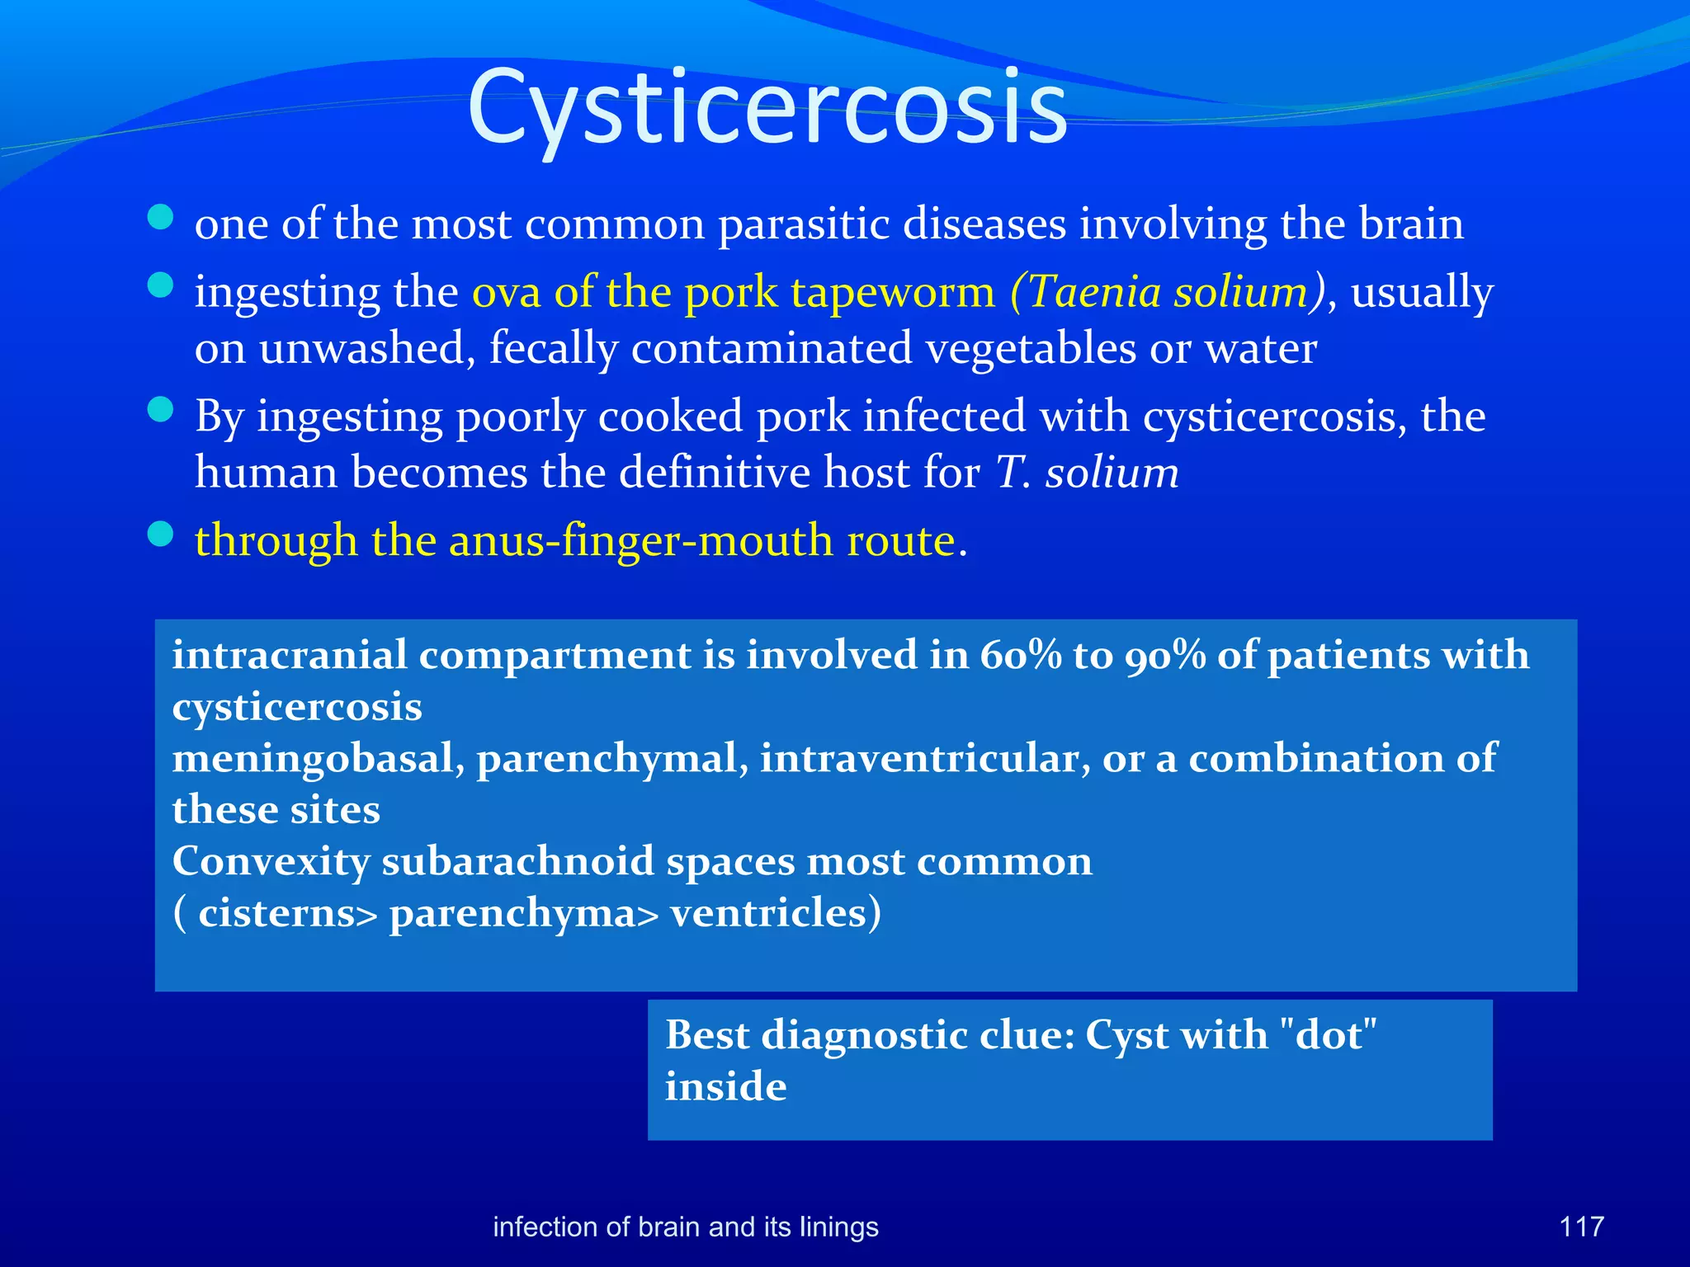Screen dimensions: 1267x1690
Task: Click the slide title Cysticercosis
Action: coord(767,107)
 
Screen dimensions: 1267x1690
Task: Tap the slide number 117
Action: coord(1581,1227)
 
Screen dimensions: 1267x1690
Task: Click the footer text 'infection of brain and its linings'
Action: coord(685,1227)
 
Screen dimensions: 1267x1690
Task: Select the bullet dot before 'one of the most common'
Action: coord(160,218)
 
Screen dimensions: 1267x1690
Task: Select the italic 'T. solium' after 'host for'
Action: coord(1087,473)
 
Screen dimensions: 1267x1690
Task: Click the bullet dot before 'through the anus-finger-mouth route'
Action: coord(160,535)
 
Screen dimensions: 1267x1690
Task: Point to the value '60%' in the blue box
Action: coord(1021,655)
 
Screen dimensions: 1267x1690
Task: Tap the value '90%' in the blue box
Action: coord(1165,655)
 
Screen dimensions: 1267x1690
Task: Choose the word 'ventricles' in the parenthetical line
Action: coord(768,913)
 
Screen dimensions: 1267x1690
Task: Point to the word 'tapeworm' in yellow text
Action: coord(893,291)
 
